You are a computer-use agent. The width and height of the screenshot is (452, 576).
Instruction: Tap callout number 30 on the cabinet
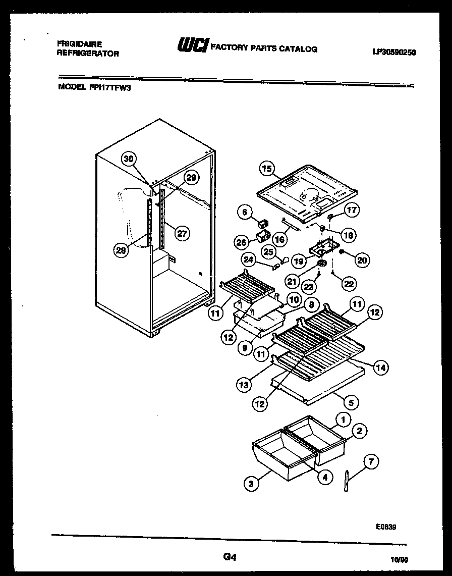coord(129,159)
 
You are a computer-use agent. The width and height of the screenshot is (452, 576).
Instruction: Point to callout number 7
coord(371,461)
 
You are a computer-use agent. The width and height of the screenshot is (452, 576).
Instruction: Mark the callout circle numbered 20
coord(362,260)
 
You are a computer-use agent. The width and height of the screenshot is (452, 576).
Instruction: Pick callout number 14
coord(380,368)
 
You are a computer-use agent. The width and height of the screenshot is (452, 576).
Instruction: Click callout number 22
coord(349,284)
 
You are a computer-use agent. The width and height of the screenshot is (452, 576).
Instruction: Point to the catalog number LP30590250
coord(393,51)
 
